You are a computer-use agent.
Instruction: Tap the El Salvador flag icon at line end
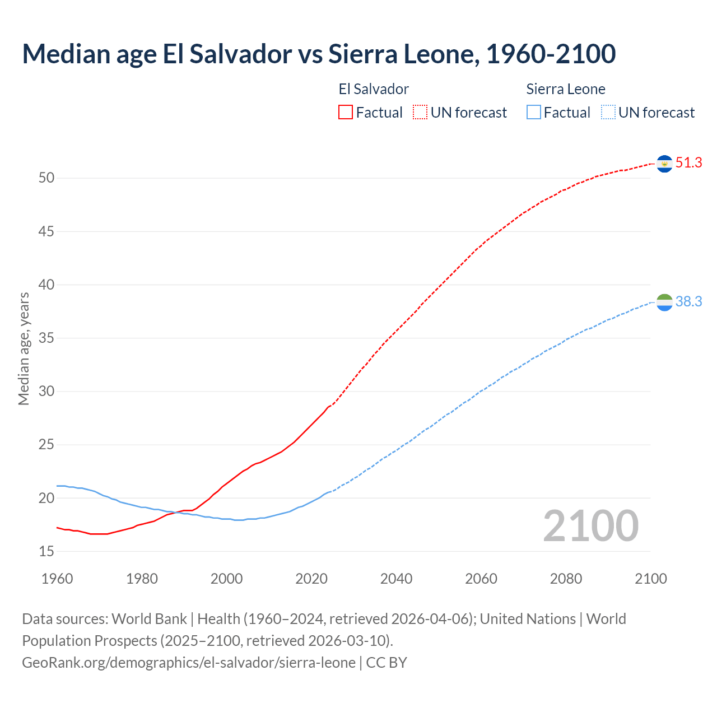[664, 164]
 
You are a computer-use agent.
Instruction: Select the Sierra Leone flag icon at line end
[664, 302]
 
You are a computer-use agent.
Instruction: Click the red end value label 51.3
[688, 163]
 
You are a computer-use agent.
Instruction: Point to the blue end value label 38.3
[688, 302]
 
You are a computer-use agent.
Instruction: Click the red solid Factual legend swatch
[346, 113]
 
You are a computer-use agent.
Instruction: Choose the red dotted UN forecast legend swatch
[420, 113]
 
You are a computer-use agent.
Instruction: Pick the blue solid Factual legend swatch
[533, 113]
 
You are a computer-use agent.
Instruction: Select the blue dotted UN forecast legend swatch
[608, 113]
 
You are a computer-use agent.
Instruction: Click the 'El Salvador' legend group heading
[374, 89]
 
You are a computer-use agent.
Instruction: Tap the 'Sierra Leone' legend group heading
[566, 89]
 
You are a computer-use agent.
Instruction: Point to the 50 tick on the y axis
[46, 178]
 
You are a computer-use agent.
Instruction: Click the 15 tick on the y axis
[46, 552]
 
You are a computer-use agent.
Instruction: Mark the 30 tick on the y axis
[46, 392]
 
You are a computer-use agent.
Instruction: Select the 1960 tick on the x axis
[57, 579]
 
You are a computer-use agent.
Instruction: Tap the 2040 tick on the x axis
[396, 579]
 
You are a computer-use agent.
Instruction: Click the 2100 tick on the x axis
[650, 579]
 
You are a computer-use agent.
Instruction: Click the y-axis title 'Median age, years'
[24, 348]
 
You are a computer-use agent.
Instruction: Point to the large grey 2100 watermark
[590, 526]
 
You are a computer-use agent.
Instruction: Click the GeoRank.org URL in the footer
[189, 663]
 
